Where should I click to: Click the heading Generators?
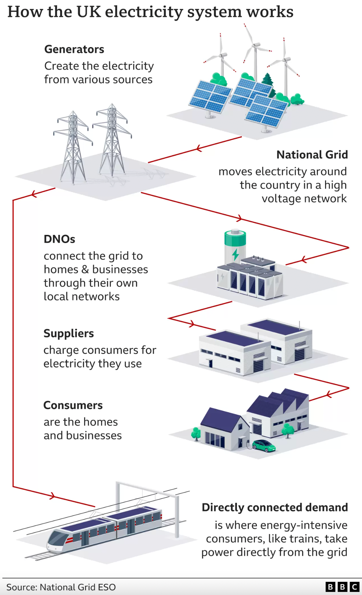[74, 49]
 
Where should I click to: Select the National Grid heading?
[312, 155]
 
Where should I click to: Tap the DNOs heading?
[59, 239]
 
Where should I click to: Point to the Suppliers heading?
[69, 334]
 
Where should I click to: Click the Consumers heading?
[73, 405]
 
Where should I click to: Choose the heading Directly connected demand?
[275, 507]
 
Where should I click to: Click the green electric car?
[264, 445]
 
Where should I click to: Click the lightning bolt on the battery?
[236, 254]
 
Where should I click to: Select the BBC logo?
[342, 587]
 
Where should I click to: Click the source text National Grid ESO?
[78, 587]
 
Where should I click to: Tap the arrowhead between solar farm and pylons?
[199, 148]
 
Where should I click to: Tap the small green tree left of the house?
[196, 434]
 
